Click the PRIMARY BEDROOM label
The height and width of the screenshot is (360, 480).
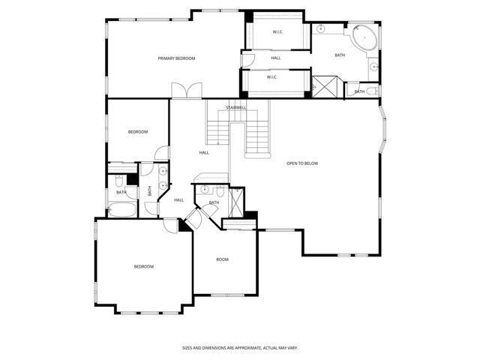(x=176, y=58)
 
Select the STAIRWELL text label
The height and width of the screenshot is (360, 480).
(x=236, y=107)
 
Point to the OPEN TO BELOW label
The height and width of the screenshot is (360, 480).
(x=302, y=163)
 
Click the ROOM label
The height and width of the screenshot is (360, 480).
(x=222, y=259)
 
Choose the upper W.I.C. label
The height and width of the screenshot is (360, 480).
(x=277, y=31)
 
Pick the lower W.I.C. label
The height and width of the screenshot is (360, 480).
(x=272, y=76)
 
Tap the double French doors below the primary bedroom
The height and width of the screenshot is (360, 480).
(x=186, y=91)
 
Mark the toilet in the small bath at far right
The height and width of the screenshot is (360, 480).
(x=353, y=91)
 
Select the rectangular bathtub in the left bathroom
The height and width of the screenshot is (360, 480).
(x=121, y=209)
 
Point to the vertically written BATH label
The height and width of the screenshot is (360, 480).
(x=150, y=190)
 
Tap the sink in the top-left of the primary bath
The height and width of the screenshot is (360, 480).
(x=320, y=28)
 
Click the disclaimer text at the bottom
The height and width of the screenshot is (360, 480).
(x=239, y=348)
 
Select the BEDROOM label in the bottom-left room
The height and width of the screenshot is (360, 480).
(x=143, y=266)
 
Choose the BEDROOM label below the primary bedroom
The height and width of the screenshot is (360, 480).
(x=137, y=132)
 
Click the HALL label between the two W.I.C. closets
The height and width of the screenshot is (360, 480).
(x=276, y=58)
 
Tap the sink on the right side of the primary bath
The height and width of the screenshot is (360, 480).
(x=373, y=67)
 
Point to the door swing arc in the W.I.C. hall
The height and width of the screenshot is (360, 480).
(x=250, y=60)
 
